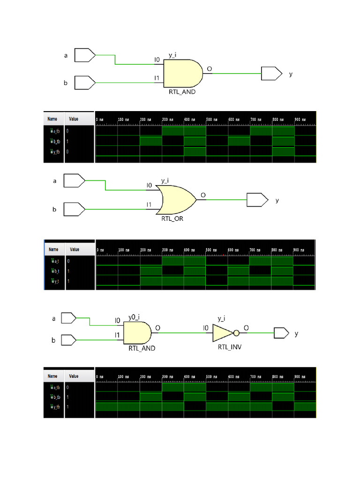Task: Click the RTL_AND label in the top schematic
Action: point(182,92)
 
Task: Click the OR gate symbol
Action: point(177,199)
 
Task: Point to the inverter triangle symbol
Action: point(222,333)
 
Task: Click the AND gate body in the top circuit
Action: point(182,73)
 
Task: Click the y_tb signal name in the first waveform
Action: point(56,151)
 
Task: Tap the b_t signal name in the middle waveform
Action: point(55,271)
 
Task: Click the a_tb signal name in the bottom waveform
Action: point(56,388)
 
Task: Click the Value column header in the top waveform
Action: point(74,120)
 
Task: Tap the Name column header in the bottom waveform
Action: point(52,376)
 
